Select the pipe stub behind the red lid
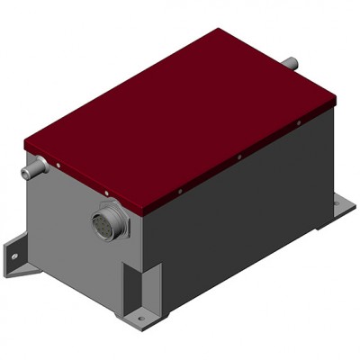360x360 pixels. (290, 63)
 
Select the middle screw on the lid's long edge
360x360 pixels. (240, 156)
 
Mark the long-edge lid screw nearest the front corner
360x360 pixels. (180, 191)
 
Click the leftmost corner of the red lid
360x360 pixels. (25, 144)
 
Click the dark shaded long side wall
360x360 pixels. (243, 216)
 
